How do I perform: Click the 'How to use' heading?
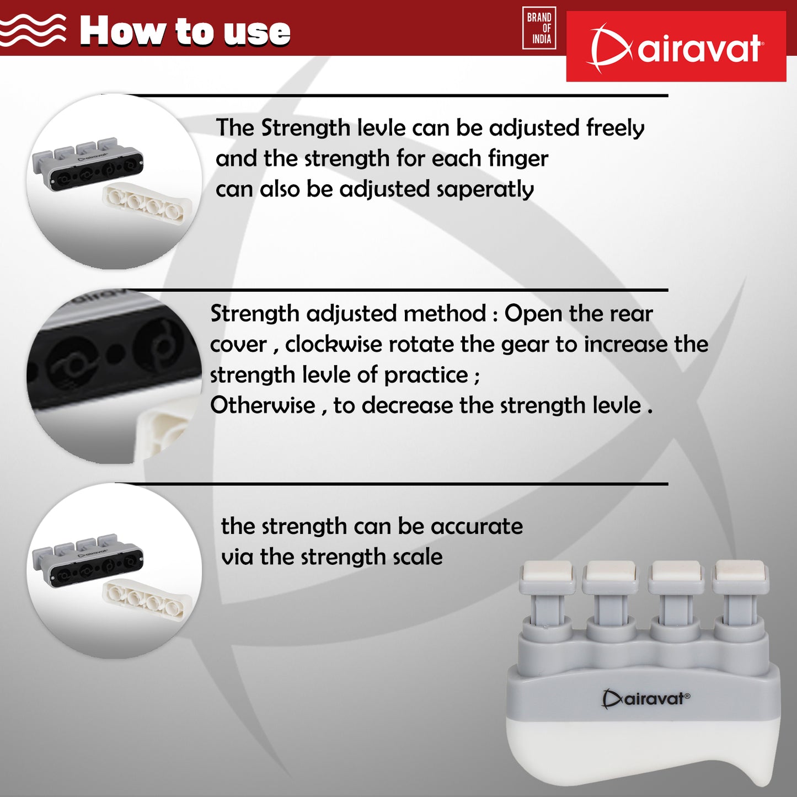pyautogui.click(x=185, y=30)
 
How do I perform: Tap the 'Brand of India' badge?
pyautogui.click(x=539, y=28)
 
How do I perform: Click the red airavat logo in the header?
pyautogui.click(x=676, y=46)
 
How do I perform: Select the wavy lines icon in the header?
pyautogui.click(x=33, y=30)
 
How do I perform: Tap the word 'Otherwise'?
pyautogui.click(x=263, y=405)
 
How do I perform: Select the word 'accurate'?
pyautogui.click(x=477, y=527)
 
